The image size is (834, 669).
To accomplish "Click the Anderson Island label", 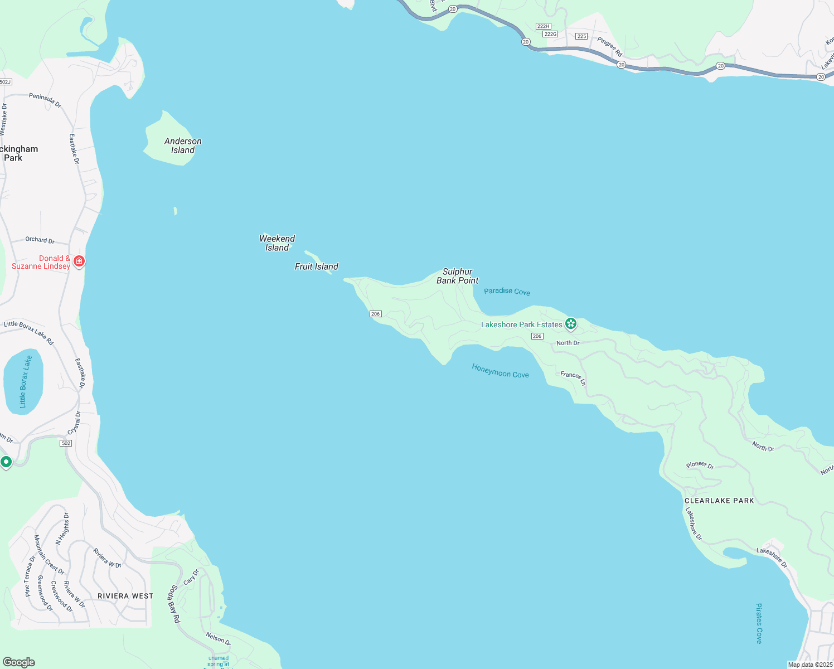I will pos(183,146).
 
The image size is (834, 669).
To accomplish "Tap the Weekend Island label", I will pos(277,243).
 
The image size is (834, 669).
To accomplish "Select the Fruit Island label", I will pos(316,266).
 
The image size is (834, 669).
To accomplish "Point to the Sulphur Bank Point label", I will pos(457,276).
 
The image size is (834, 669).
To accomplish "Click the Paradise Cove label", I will pos(507,292).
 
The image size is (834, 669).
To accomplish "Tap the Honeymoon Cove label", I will pos(500,371).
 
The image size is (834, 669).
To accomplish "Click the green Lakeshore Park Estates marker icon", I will pos(570,323).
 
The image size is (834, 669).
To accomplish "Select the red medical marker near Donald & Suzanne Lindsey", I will pos(79,261).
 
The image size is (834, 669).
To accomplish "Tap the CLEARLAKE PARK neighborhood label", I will pos(719,501).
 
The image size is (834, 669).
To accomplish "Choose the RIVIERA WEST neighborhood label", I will pos(125,596).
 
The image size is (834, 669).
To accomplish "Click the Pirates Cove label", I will pos(759,623).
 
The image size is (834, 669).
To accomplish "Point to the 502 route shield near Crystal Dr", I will pos(66,443).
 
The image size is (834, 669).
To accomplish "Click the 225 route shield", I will pos(581,36).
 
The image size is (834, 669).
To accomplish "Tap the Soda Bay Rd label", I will pos(175,604).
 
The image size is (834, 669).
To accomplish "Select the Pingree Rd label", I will pos(609,47).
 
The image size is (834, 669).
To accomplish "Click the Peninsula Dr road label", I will pos(45,100).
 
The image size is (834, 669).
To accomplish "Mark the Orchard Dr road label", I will pos(40,240).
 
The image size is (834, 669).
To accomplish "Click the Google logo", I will pos(18,662).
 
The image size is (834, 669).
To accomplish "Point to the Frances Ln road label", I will pos(573,378).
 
